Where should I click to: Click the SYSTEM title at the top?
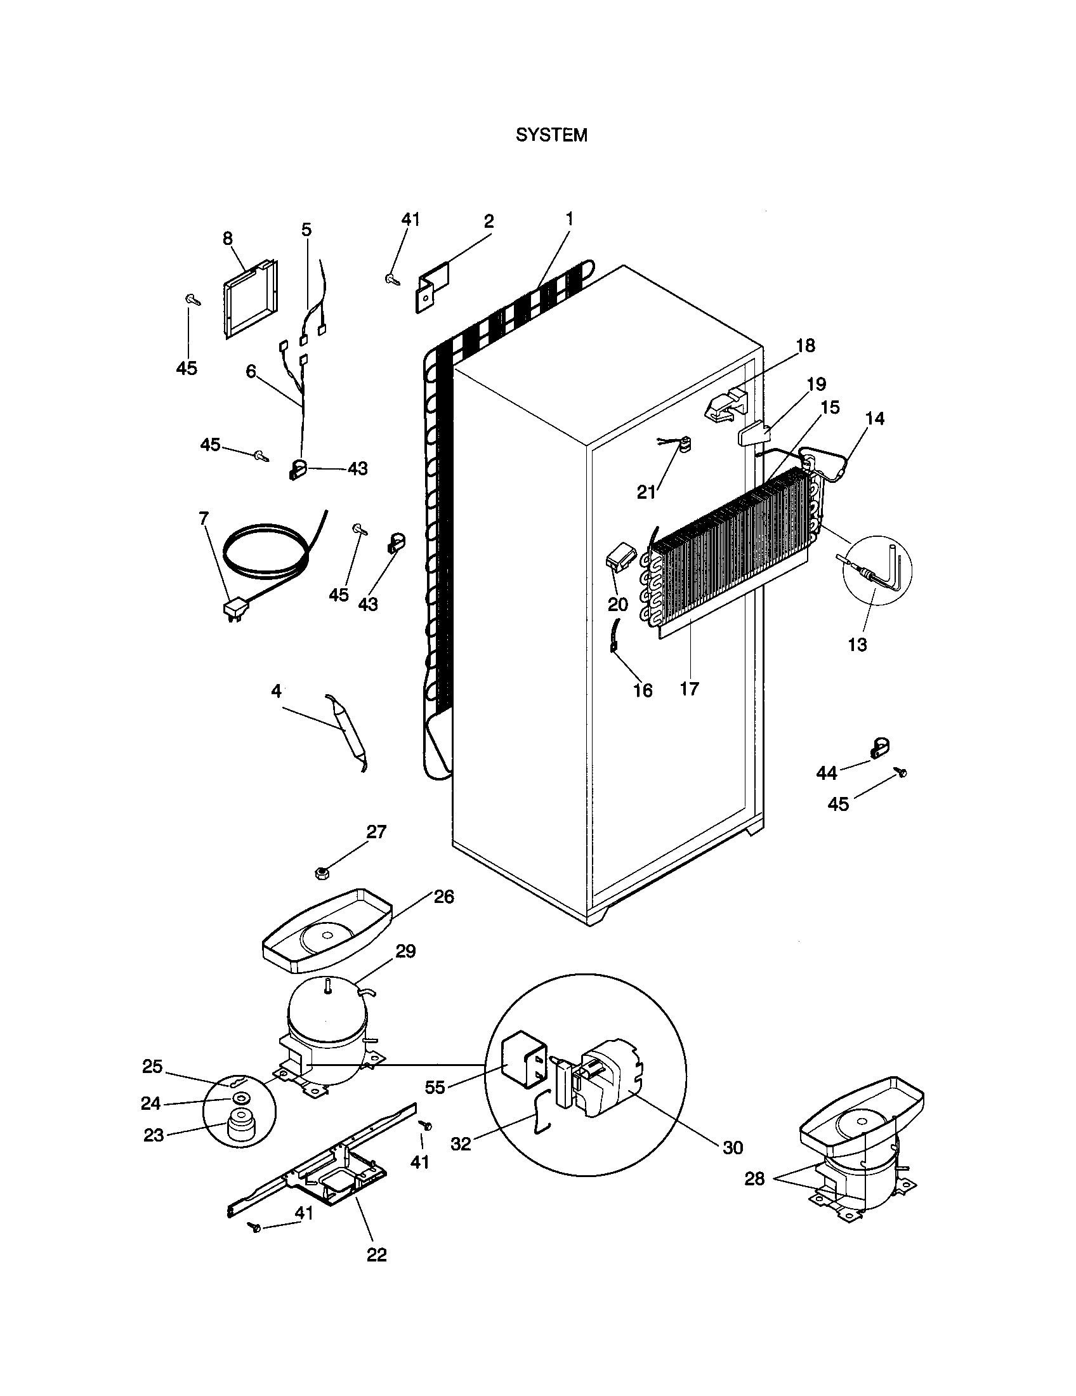click(x=551, y=136)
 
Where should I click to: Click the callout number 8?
click(x=228, y=239)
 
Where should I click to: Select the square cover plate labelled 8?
click(x=251, y=298)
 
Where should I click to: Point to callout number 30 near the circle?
click(x=733, y=1148)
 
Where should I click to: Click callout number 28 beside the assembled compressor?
click(x=754, y=1179)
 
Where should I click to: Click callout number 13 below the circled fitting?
click(x=858, y=644)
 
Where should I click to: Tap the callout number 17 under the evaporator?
click(x=690, y=688)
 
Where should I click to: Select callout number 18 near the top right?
click(x=806, y=346)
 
